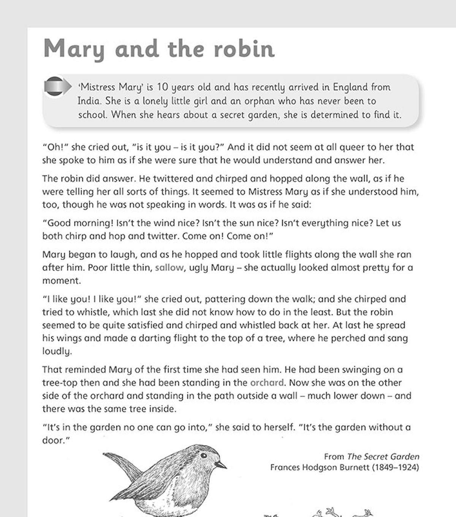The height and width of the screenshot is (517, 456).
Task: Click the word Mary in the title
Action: (x=74, y=49)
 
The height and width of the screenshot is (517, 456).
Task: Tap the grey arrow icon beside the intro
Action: (x=57, y=87)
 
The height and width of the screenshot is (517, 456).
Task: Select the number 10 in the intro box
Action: (x=162, y=87)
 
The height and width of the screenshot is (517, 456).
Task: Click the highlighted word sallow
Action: (x=169, y=268)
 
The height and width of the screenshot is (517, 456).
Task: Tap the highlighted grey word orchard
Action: (x=267, y=383)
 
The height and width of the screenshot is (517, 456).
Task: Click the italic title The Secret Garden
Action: (x=383, y=456)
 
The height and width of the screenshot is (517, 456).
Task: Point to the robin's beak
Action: (x=221, y=465)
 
